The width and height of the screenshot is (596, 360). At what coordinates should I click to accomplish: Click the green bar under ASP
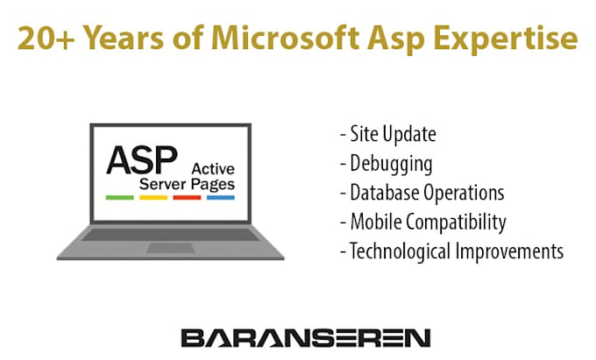[x=118, y=198]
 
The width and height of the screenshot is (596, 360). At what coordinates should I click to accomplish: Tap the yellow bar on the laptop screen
[x=153, y=198]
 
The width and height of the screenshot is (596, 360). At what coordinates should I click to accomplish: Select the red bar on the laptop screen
[x=187, y=198]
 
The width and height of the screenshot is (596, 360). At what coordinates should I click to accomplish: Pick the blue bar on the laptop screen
[x=220, y=198]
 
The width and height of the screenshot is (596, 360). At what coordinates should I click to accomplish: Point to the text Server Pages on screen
[x=188, y=184]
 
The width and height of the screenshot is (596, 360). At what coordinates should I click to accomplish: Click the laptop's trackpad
[x=170, y=248]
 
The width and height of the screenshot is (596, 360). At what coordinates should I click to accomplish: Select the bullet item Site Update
[x=388, y=135]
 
